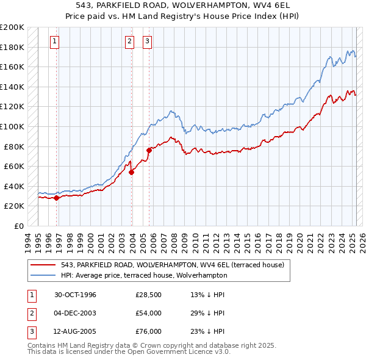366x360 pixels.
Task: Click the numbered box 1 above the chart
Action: (x=55, y=41)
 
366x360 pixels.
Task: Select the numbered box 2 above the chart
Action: (x=130, y=41)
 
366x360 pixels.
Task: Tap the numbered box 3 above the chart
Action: (x=148, y=41)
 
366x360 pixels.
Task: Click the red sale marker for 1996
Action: (x=56, y=198)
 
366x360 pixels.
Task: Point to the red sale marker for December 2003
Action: (x=132, y=172)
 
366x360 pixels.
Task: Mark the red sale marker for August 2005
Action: (x=149, y=150)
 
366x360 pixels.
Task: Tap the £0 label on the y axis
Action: (x=19, y=226)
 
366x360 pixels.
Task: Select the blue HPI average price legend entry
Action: (x=143, y=275)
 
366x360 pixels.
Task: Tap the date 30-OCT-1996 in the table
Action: (x=76, y=295)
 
